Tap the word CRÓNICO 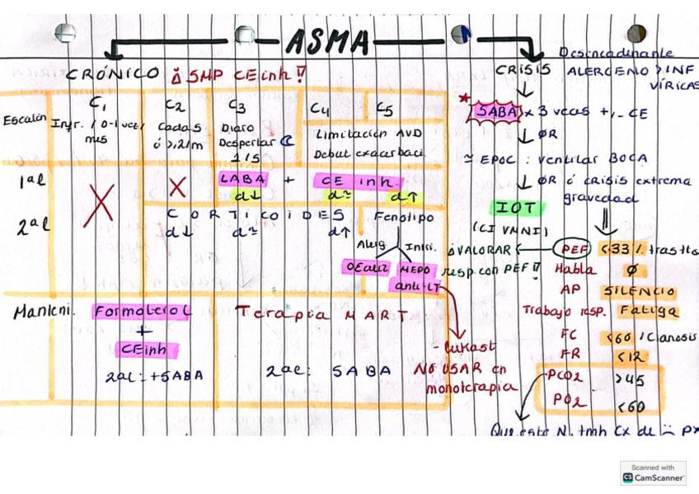[113, 73]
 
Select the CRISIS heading [523, 71]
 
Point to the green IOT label [517, 207]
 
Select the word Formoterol [142, 312]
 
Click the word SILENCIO [640, 290]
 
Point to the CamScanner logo [653, 473]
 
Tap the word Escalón [23, 120]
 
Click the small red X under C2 [177, 186]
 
